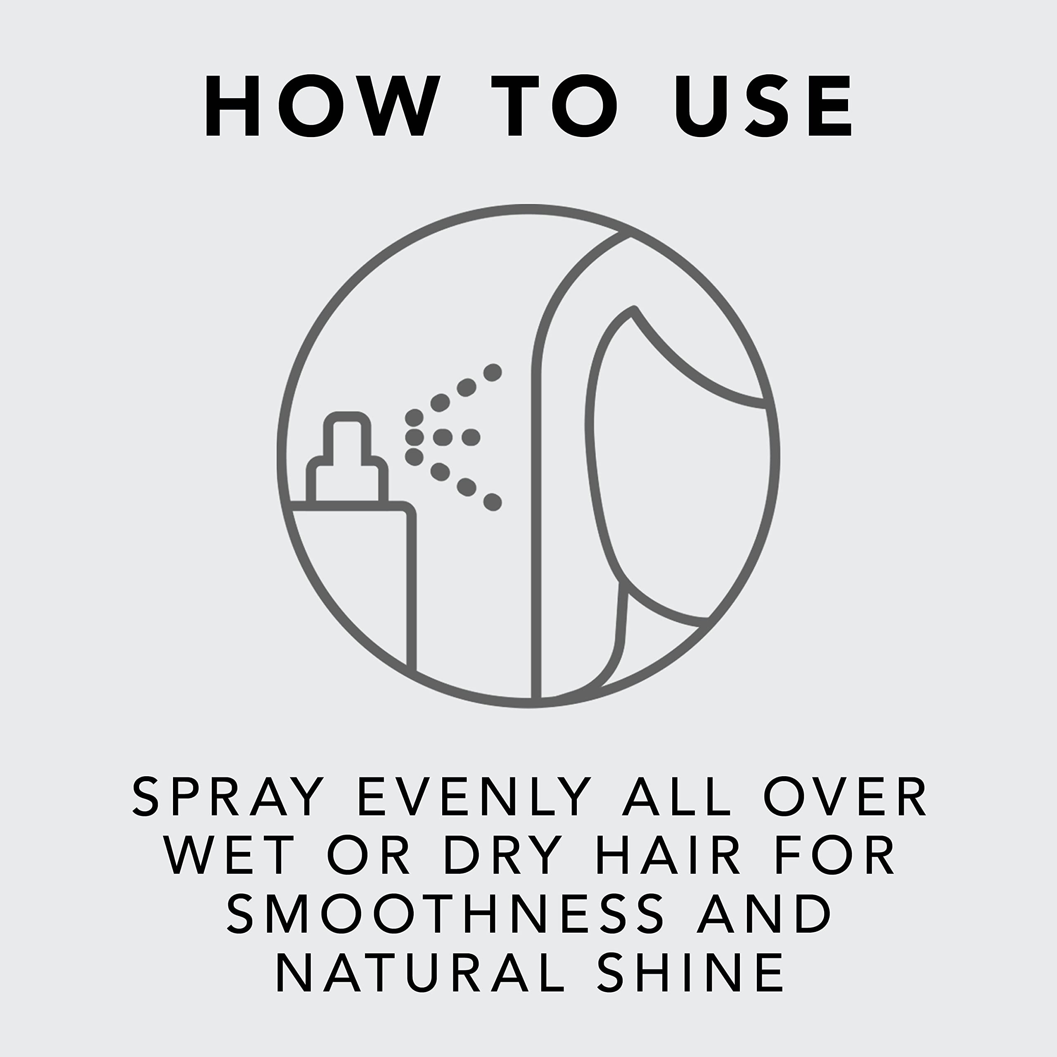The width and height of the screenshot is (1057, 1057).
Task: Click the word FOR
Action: (x=835, y=855)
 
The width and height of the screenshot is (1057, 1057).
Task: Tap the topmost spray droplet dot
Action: (x=493, y=372)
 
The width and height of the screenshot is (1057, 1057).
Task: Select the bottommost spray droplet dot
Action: (x=493, y=502)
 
